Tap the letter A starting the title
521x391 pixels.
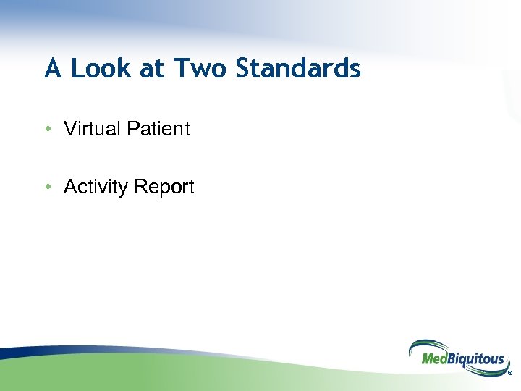(x=52, y=69)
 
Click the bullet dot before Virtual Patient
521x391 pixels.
(x=47, y=130)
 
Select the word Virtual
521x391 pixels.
(x=92, y=129)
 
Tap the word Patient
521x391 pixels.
(x=158, y=129)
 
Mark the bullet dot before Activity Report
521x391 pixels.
(x=47, y=187)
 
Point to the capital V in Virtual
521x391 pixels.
(x=69, y=129)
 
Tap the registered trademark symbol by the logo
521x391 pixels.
(x=510, y=375)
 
